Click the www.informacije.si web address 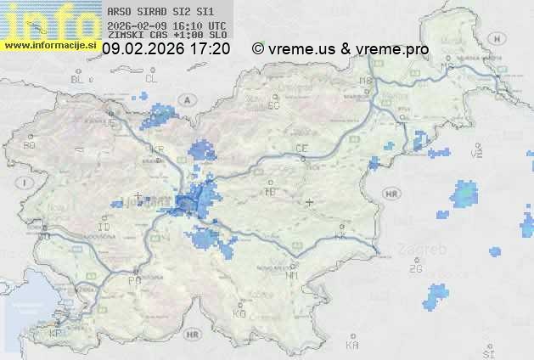[x=49, y=45]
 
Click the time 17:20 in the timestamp [x=211, y=49]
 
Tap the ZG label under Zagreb [x=415, y=268]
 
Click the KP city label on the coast [x=56, y=334]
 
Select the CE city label [x=301, y=149]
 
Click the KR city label [x=156, y=149]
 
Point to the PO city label [x=133, y=279]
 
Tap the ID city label [x=104, y=228]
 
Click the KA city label [x=352, y=346]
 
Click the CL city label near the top [x=151, y=79]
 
